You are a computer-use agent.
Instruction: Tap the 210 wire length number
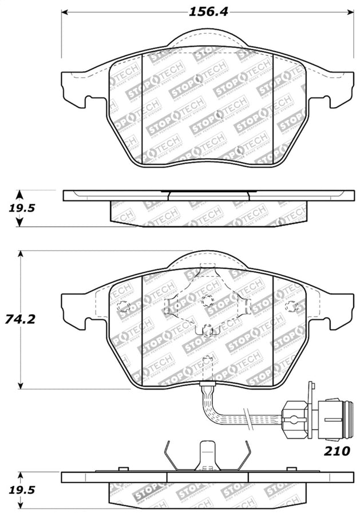tap(337, 451)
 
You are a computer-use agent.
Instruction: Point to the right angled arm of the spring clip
tap(245, 456)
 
